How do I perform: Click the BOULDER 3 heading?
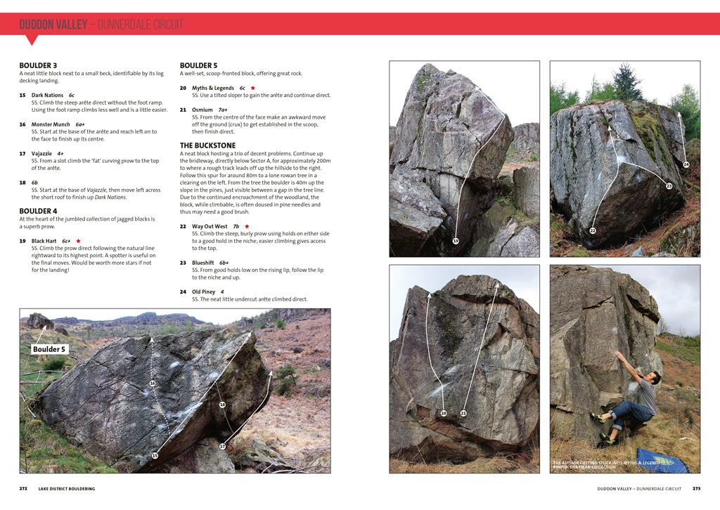[x=38, y=65]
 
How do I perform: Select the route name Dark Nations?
[x=47, y=95]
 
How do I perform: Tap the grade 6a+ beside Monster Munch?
[x=80, y=124]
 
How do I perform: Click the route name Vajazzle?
[x=41, y=153]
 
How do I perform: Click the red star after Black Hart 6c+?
[x=79, y=241]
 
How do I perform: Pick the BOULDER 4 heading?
[x=38, y=211]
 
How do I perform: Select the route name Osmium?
[x=202, y=110]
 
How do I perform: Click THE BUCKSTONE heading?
[x=207, y=145]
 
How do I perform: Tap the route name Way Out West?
[x=210, y=226]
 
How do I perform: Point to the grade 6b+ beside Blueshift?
[x=225, y=263]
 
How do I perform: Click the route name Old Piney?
[x=204, y=292]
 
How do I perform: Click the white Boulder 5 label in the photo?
[x=49, y=349]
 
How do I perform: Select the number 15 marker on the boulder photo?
[x=155, y=455]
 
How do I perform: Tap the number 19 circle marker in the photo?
[x=456, y=241]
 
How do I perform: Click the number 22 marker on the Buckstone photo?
[x=593, y=230]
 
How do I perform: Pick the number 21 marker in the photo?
[x=463, y=413]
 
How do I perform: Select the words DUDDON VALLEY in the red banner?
[x=53, y=25]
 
